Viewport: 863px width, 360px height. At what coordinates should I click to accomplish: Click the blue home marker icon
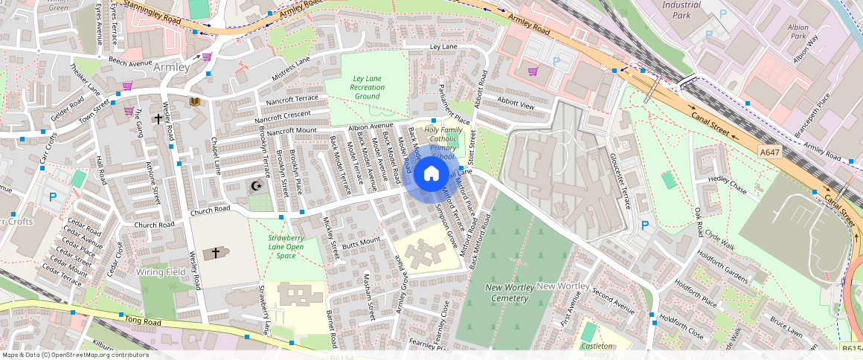pyautogui.click(x=431, y=174)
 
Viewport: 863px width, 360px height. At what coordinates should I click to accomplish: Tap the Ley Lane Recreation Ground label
pyautogui.click(x=367, y=87)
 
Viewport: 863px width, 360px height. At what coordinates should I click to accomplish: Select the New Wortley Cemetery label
pyautogui.click(x=507, y=292)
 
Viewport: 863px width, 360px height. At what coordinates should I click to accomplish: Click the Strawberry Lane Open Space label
pyautogui.click(x=286, y=246)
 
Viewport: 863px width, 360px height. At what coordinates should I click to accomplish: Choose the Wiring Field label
pyautogui.click(x=161, y=272)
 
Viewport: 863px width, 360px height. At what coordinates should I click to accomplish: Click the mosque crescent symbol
pyautogui.click(x=257, y=186)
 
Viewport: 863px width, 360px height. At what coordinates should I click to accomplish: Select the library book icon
pyautogui.click(x=194, y=101)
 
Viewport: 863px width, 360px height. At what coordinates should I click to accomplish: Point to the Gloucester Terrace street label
pyautogui.click(x=623, y=184)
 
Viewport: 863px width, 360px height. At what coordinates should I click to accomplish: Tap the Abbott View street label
pyautogui.click(x=516, y=105)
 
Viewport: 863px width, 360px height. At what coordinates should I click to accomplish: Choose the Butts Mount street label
pyautogui.click(x=360, y=240)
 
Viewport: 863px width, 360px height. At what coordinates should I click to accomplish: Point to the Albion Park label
pyautogui.click(x=798, y=31)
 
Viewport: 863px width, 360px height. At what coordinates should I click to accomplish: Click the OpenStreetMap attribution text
pyautogui.click(x=75, y=355)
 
